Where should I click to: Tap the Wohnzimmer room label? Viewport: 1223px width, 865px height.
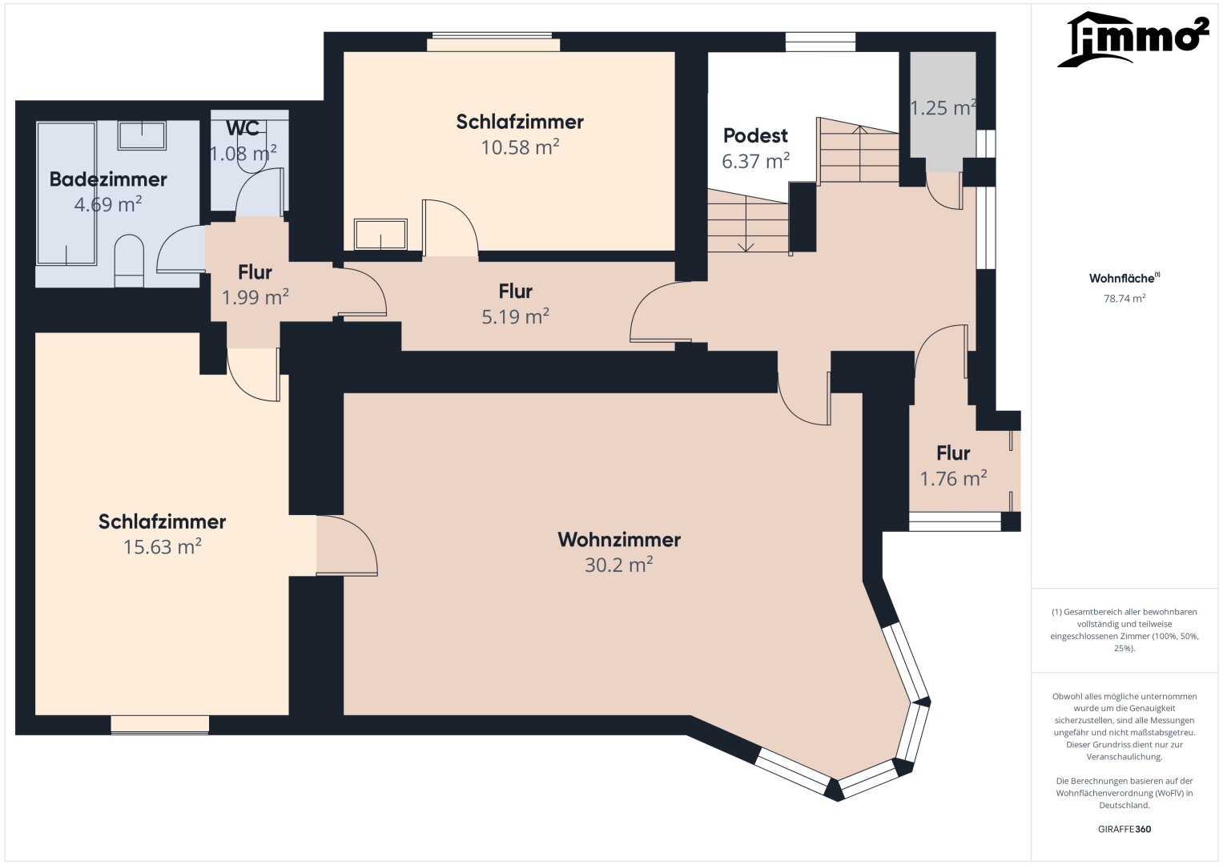coord(619,540)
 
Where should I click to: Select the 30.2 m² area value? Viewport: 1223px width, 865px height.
coord(618,565)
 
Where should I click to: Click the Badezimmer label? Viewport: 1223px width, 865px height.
coord(108,179)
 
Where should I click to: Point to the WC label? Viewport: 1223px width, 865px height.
coord(242,128)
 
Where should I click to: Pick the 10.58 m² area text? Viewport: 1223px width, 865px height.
coord(520,147)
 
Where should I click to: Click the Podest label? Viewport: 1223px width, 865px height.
coord(755,136)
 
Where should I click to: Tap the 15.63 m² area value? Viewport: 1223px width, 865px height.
coord(162,547)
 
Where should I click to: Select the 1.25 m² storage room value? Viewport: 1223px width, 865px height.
coord(943,108)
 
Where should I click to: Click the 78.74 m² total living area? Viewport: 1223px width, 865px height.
coord(1124,299)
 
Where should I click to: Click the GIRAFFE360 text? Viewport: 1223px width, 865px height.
coord(1124,829)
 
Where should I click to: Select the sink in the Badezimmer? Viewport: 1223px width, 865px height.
coord(142,135)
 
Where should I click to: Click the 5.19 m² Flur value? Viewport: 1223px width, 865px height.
coord(515,317)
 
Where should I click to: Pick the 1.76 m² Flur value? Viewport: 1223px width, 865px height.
coord(953,479)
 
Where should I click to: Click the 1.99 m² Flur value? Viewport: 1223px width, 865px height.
coord(255,298)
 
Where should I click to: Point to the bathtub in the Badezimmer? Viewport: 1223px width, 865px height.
coord(66,192)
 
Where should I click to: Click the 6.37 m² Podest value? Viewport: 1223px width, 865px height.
coord(755,162)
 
